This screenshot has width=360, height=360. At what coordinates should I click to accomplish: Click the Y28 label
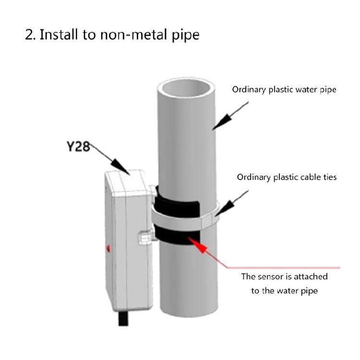(x=78, y=146)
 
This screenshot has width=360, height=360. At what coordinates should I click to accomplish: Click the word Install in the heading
(x=59, y=35)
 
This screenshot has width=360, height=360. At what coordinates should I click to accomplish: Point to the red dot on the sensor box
(x=108, y=248)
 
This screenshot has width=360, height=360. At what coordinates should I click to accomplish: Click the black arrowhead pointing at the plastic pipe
(x=221, y=122)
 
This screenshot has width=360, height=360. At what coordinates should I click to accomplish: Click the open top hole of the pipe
(x=186, y=88)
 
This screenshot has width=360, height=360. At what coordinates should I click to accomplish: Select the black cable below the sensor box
(x=123, y=318)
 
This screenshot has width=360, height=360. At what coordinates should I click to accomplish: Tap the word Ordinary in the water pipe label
(x=249, y=90)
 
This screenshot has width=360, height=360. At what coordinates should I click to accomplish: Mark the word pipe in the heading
(x=185, y=36)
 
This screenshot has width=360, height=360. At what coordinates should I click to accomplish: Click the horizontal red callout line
(x=283, y=267)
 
